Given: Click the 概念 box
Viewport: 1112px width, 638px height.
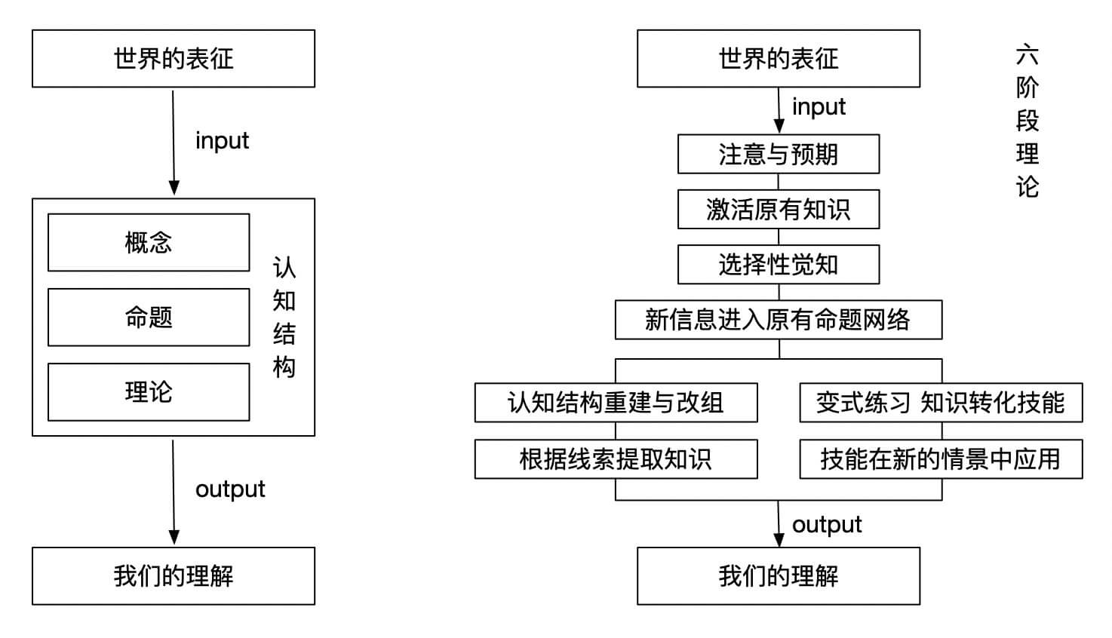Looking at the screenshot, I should (x=148, y=242).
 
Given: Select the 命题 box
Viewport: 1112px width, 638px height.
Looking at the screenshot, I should (x=148, y=317).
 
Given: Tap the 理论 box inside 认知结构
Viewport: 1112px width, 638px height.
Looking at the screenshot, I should (x=148, y=391).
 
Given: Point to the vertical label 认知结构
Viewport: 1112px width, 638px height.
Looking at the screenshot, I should (x=284, y=317).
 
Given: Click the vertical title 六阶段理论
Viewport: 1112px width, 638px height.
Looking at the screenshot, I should (x=1027, y=121).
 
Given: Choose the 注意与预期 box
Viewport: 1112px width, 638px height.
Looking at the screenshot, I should (x=778, y=154).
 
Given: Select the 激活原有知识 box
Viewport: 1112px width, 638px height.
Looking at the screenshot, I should (x=778, y=209).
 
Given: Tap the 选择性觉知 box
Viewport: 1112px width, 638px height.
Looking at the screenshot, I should (x=778, y=265).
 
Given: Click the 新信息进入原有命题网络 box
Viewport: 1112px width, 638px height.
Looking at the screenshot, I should (x=778, y=320).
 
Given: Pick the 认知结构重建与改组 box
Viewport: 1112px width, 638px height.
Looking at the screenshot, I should (x=616, y=403).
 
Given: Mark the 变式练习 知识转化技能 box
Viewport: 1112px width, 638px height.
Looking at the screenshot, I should (x=940, y=403).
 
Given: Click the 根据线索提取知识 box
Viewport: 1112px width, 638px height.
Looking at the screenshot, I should (x=616, y=459).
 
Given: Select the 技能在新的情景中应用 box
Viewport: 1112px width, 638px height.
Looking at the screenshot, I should (x=940, y=459).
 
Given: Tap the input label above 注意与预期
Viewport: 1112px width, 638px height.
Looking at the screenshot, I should (x=819, y=107).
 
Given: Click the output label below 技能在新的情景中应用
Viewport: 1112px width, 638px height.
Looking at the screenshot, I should (x=827, y=524).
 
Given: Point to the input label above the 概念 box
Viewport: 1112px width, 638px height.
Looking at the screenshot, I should (x=222, y=141).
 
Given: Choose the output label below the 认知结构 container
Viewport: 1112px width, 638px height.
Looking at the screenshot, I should (x=230, y=489).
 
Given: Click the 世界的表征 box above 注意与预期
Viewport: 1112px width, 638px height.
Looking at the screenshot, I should (x=778, y=58).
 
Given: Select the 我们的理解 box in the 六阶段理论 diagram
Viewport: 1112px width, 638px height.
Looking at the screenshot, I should (x=778, y=576).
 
